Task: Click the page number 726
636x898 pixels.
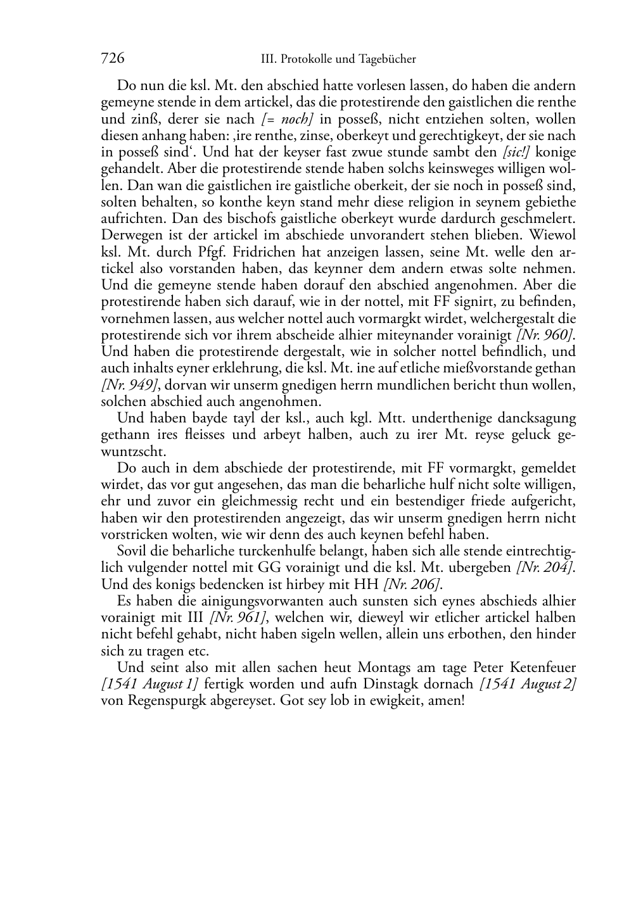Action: (x=112, y=58)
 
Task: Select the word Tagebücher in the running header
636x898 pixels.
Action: (x=388, y=59)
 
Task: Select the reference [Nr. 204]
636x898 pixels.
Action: (x=546, y=567)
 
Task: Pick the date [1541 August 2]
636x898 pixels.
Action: (x=528, y=685)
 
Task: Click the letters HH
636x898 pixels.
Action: (x=367, y=584)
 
